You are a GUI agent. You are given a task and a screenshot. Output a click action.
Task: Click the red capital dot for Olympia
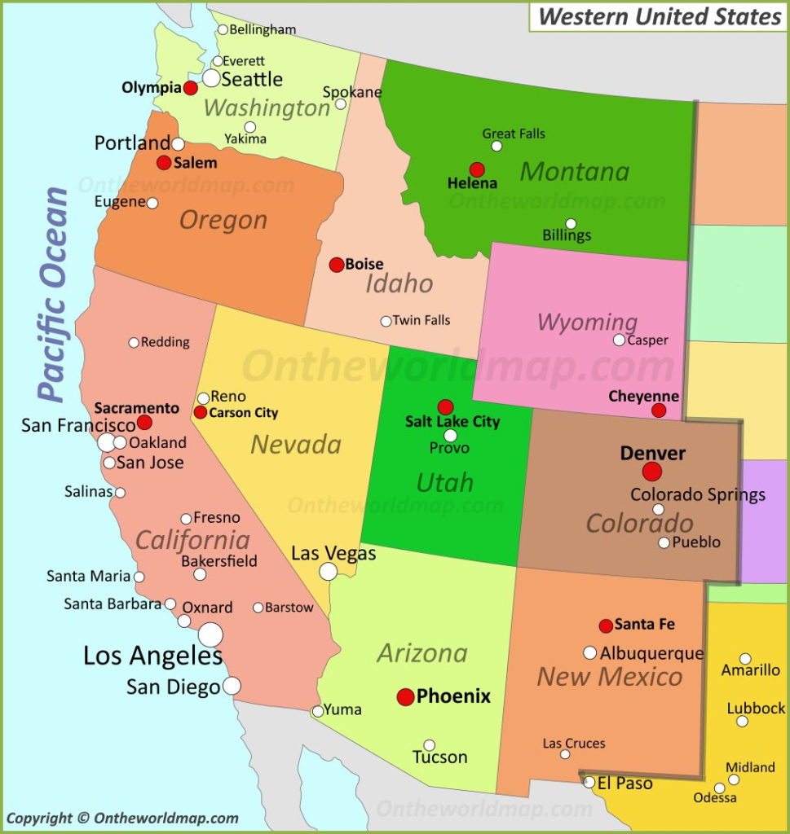pyautogui.click(x=191, y=88)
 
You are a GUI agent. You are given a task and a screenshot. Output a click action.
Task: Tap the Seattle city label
pyautogui.click(x=252, y=80)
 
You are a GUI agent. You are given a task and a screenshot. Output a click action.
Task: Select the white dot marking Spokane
pyautogui.click(x=341, y=104)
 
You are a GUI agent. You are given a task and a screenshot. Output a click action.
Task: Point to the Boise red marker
pyautogui.click(x=336, y=265)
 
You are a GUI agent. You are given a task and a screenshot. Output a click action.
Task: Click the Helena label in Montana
pyautogui.click(x=472, y=184)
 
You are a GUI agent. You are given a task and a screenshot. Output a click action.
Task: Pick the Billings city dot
pyautogui.click(x=571, y=224)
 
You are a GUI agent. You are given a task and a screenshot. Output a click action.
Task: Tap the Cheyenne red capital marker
pyautogui.click(x=659, y=410)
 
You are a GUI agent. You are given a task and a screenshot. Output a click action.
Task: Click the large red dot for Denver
pyautogui.click(x=651, y=472)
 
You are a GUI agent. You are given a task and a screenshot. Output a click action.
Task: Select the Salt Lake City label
pyautogui.click(x=452, y=422)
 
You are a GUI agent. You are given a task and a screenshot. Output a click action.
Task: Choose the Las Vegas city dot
pyautogui.click(x=328, y=572)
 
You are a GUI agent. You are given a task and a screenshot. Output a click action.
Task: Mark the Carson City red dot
pyautogui.click(x=201, y=413)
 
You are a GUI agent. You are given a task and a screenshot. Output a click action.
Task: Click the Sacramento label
pyautogui.click(x=136, y=408)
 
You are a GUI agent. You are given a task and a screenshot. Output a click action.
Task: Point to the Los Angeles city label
pyautogui.click(x=152, y=656)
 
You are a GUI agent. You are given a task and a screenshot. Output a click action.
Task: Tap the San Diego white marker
pyautogui.click(x=232, y=686)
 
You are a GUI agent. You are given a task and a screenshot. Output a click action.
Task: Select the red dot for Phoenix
pyautogui.click(x=405, y=697)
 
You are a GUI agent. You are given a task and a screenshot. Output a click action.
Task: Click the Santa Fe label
pyautogui.click(x=644, y=625)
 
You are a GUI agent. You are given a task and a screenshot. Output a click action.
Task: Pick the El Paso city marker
pyautogui.click(x=589, y=782)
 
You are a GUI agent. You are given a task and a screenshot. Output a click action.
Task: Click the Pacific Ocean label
pyautogui.click(x=55, y=295)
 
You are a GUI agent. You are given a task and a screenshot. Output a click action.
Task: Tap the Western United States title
pyautogui.click(x=660, y=16)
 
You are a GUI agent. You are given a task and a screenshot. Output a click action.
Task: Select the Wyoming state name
pyautogui.click(x=587, y=322)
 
